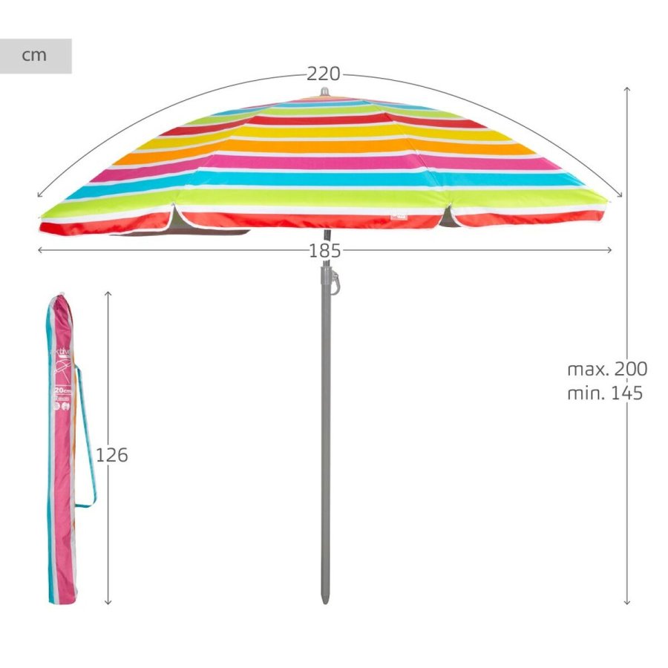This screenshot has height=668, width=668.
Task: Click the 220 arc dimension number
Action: [324, 74]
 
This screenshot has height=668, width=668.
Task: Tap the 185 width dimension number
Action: [324, 251]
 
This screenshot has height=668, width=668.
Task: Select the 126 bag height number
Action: [112, 455]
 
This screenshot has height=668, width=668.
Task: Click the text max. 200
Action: [607, 369]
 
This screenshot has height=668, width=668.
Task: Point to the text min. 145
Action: [605, 393]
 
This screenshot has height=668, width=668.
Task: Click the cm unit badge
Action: [35, 56]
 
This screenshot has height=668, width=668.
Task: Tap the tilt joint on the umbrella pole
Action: [332, 280]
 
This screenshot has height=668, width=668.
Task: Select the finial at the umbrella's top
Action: [324, 93]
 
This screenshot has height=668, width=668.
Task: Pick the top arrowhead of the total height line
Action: [627, 89]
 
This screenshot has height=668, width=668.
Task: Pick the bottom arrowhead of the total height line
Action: [627, 603]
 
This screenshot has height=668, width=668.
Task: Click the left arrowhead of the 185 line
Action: [40, 250]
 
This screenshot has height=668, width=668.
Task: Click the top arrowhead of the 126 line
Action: [108, 294]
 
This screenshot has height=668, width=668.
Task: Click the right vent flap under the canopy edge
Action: [448, 217]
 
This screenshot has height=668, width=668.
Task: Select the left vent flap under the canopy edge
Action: [173, 219]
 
